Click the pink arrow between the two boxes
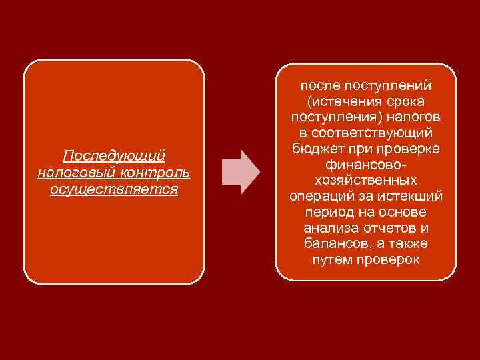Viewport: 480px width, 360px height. pyautogui.click(x=240, y=172)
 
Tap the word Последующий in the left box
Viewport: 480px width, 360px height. pyautogui.click(x=114, y=156)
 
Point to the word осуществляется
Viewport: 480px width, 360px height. pyautogui.click(x=114, y=189)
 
